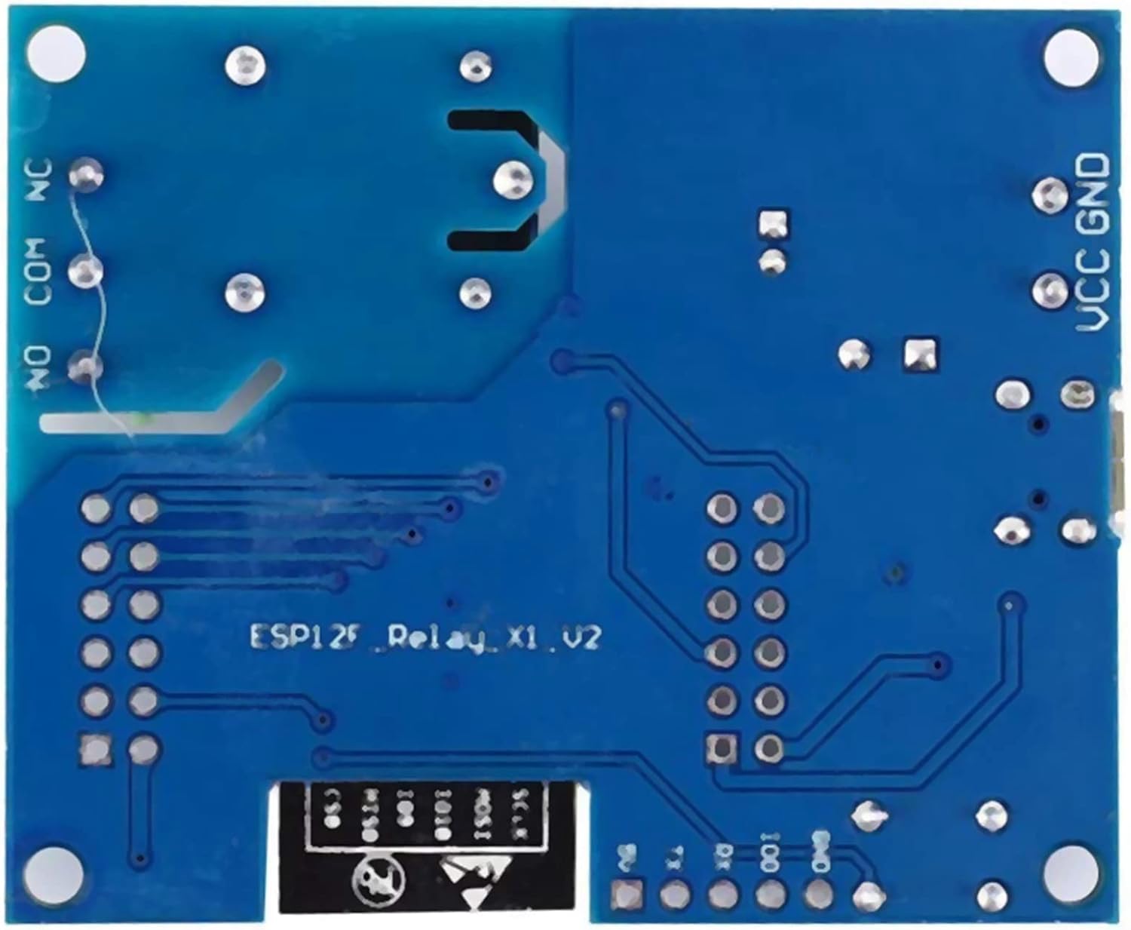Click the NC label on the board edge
click(x=38, y=180)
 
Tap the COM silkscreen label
click(x=38, y=272)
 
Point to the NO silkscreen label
click(x=38, y=368)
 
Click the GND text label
click(x=1094, y=185)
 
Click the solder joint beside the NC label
click(x=85, y=175)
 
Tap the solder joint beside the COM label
click(x=85, y=271)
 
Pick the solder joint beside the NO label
click(x=84, y=367)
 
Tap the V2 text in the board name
click(x=584, y=638)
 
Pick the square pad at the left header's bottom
click(x=96, y=748)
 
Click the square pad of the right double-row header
click(x=722, y=747)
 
